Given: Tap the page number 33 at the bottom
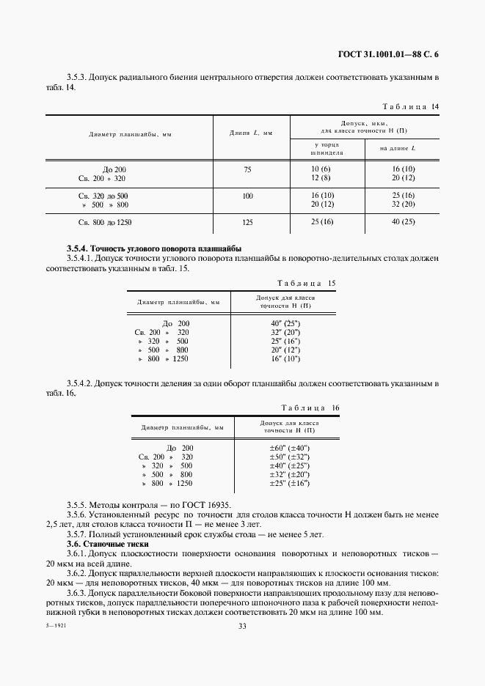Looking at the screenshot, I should coord(242,625).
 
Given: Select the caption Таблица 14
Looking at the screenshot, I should coord(411,106).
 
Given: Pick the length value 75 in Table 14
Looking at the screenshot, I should coord(247,169).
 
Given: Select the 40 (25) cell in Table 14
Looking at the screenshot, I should coord(403,221).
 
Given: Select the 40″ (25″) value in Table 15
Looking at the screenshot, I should coord(285,323).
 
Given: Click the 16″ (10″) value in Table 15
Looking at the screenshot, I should coord(285,358).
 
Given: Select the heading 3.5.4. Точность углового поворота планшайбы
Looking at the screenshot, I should coord(154,248).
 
